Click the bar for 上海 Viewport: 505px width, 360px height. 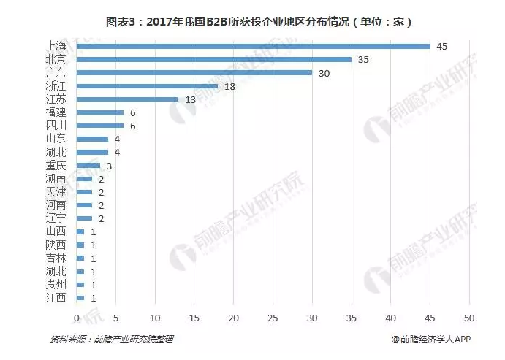253,46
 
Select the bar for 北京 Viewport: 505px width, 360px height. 213,59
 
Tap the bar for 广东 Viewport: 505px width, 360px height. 194,72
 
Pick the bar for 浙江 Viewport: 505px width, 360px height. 147,86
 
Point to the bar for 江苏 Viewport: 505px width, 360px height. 127,99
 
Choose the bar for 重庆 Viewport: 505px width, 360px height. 88,166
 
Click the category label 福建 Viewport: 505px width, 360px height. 56,112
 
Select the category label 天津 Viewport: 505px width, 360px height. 56,192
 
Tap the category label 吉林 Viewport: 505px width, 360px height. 56,258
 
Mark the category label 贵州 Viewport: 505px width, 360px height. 56,284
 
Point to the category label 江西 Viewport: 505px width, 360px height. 56,297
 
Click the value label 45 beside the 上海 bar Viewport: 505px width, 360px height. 441,46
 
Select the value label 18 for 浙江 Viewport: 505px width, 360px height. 229,86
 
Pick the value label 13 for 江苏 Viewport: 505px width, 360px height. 190,99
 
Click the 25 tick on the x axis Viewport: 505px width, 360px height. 273,318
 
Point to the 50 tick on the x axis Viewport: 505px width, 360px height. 468,318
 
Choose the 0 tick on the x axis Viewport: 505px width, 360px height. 76,318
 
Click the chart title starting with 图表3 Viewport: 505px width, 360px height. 252,21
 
